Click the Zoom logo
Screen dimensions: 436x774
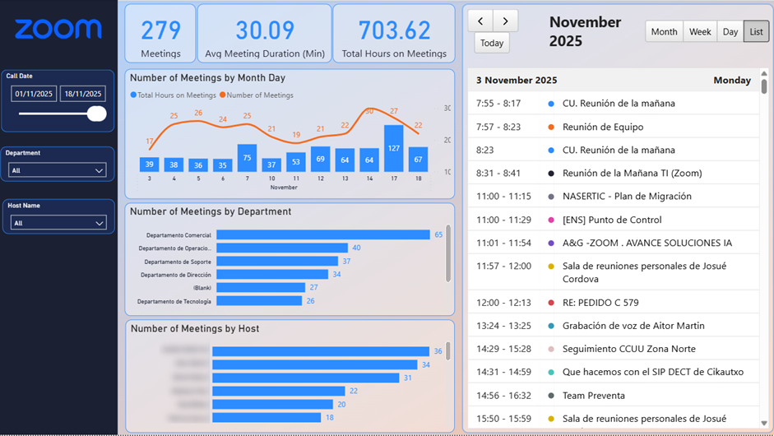click(58, 30)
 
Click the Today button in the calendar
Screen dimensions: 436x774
click(492, 44)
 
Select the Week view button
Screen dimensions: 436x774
click(700, 32)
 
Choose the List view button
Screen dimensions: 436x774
click(756, 32)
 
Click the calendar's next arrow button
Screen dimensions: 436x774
click(505, 21)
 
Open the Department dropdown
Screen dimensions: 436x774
click(58, 170)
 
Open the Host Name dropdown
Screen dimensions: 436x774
click(58, 223)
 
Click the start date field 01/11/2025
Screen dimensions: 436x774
click(34, 94)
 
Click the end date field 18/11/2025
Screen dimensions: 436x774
click(82, 94)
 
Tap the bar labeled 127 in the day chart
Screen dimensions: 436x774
click(394, 148)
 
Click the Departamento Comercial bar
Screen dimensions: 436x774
click(322, 235)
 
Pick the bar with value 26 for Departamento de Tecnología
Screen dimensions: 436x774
click(257, 301)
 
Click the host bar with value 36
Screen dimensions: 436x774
click(321, 351)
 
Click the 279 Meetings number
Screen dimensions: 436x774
click(160, 30)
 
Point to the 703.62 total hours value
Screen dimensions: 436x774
click(394, 30)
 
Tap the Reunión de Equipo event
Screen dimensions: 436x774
click(602, 127)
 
